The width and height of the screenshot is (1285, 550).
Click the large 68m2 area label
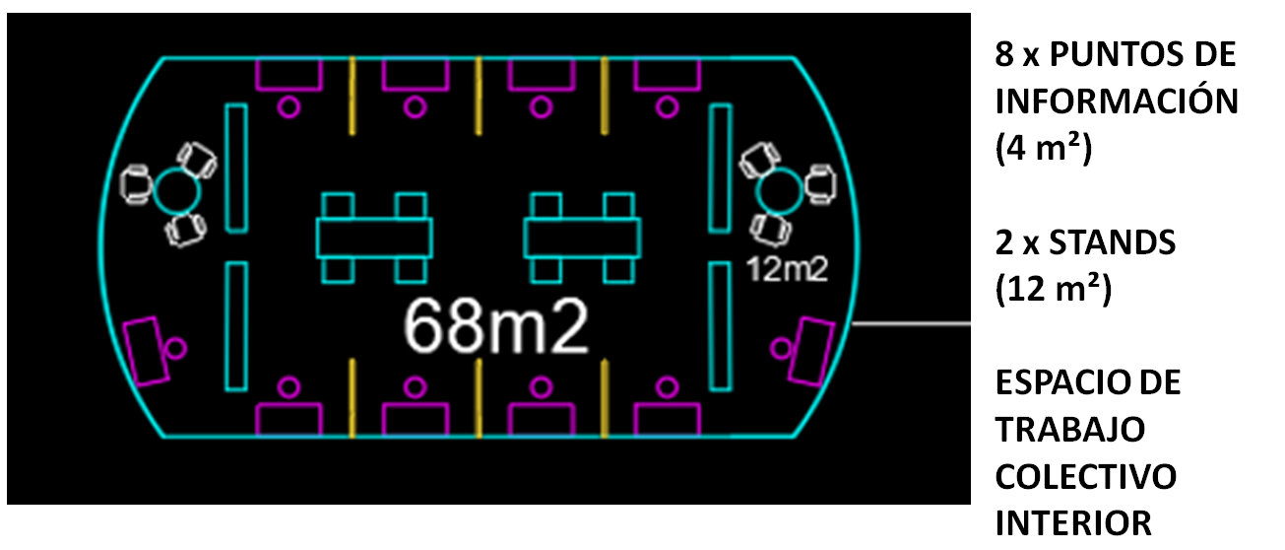[497, 326]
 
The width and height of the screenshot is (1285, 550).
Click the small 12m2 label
[788, 269]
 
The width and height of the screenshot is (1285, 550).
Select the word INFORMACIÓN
[1117, 102]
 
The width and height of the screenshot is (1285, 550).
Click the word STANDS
[1113, 242]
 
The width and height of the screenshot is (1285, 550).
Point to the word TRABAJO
[1070, 430]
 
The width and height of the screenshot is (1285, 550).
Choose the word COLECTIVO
[1086, 477]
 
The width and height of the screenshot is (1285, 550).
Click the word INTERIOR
[1073, 523]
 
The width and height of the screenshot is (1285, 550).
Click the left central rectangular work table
[374, 238]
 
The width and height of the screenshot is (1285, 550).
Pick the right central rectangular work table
[582, 238]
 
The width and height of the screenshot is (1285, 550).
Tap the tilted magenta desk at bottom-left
[147, 351]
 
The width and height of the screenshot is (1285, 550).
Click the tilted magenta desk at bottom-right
[810, 351]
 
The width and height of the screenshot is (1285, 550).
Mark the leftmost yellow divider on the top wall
[353, 96]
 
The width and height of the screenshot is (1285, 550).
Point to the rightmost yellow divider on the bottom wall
[604, 398]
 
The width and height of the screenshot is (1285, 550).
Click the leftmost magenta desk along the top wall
[289, 74]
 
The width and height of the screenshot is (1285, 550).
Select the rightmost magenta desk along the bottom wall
[668, 420]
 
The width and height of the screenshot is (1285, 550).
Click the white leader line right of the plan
[911, 324]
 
